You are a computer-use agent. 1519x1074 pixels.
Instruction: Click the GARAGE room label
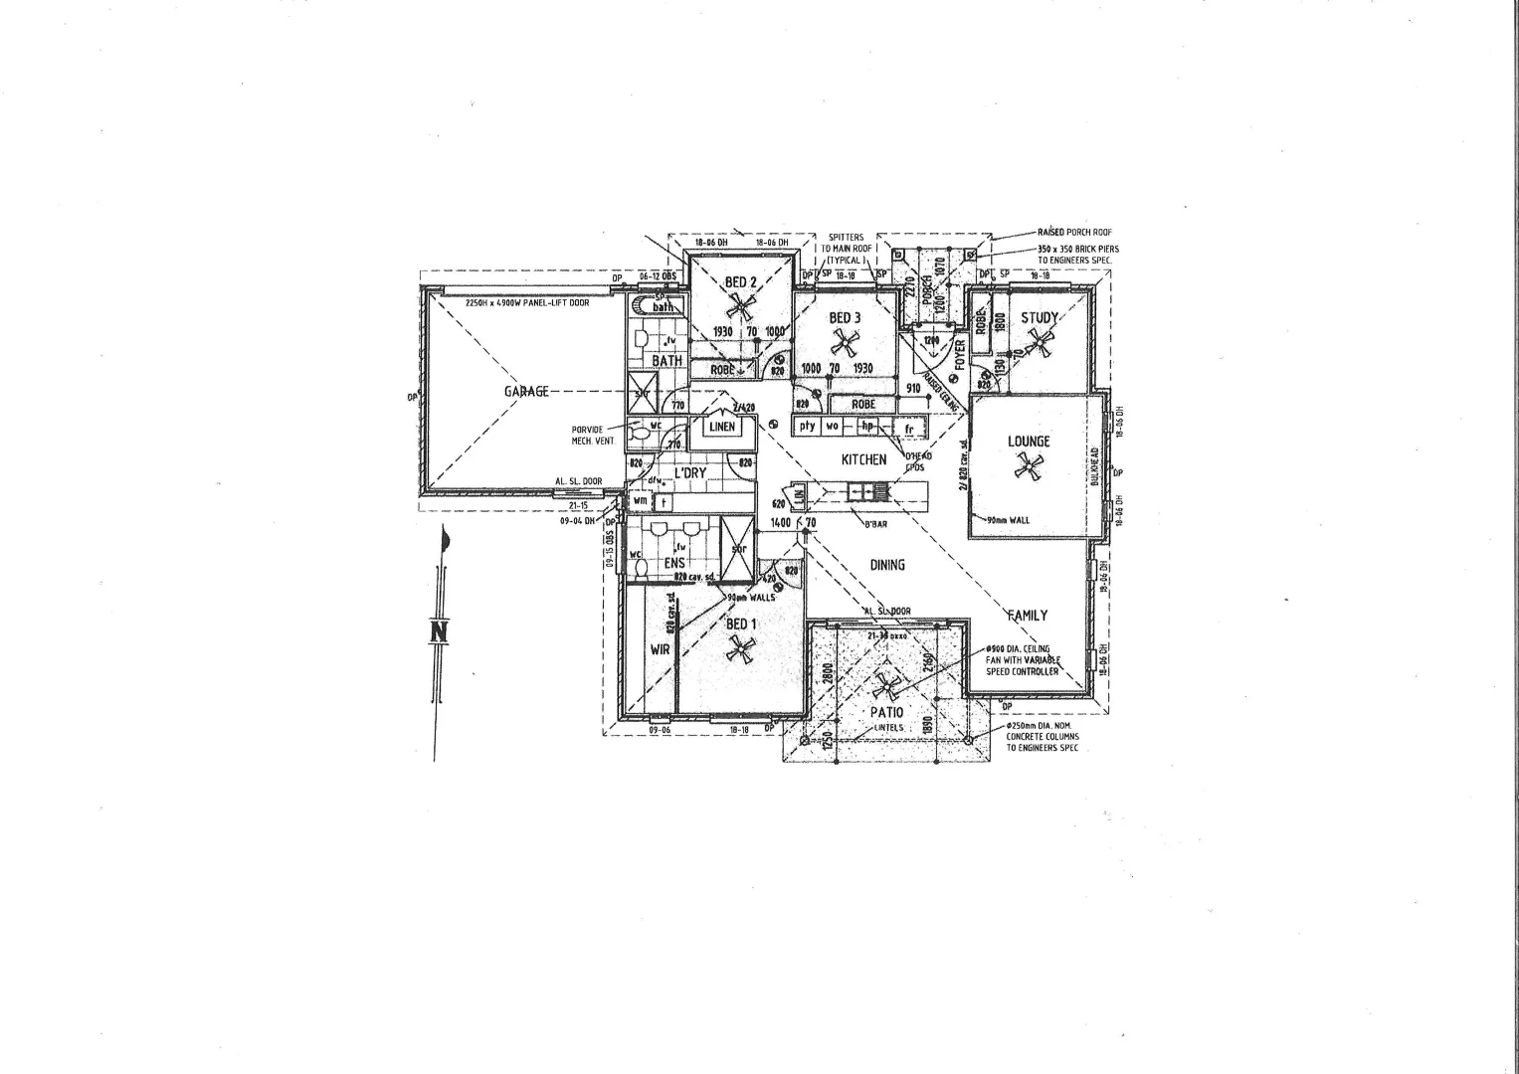[x=526, y=391]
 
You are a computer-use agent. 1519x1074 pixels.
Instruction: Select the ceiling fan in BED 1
[x=739, y=650]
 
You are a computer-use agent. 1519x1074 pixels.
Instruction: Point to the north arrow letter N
[x=439, y=632]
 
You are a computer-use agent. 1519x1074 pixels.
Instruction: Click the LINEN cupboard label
[x=722, y=427]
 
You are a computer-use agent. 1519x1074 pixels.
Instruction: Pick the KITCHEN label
[x=863, y=459]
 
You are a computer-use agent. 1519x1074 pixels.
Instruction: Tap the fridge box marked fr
[x=908, y=429]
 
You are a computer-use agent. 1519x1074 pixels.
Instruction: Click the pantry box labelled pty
[x=807, y=426]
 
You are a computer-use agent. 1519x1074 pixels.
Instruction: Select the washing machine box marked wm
[x=640, y=501]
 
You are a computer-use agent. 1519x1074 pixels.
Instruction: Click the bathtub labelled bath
[x=663, y=306]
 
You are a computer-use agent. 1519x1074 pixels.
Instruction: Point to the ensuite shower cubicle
[x=738, y=548]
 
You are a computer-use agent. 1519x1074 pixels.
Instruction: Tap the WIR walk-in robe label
[x=660, y=649]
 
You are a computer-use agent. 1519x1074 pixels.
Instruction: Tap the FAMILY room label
[x=1027, y=616]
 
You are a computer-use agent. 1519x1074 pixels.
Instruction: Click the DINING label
[x=887, y=565]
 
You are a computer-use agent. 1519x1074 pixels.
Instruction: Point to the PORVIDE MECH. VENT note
[x=587, y=435]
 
